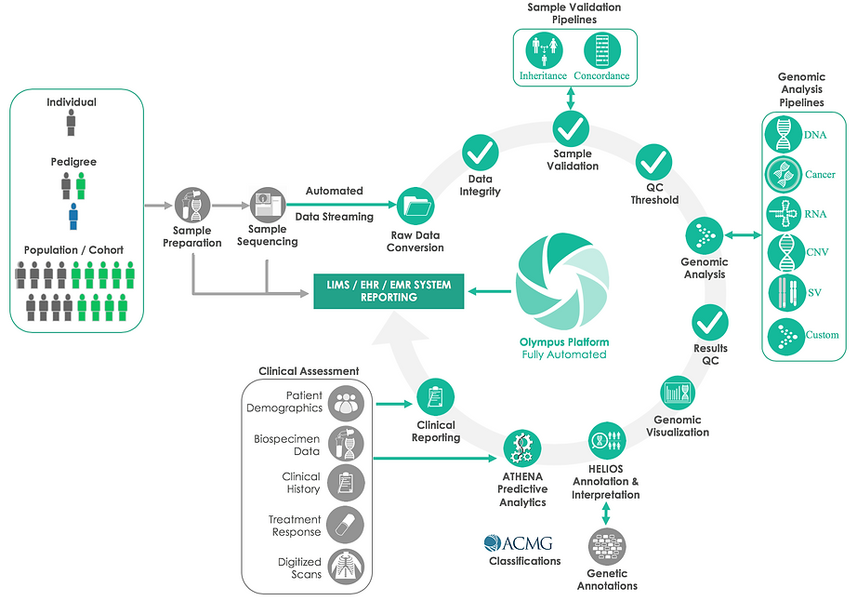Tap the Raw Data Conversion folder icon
[415, 205]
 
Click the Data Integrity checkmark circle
[481, 152]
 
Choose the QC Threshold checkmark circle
[653, 164]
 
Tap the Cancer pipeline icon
[783, 174]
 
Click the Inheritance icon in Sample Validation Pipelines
[544, 52]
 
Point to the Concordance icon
[601, 52]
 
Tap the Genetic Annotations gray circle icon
[607, 546]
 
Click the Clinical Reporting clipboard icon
[435, 398]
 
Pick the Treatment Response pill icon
[346, 525]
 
